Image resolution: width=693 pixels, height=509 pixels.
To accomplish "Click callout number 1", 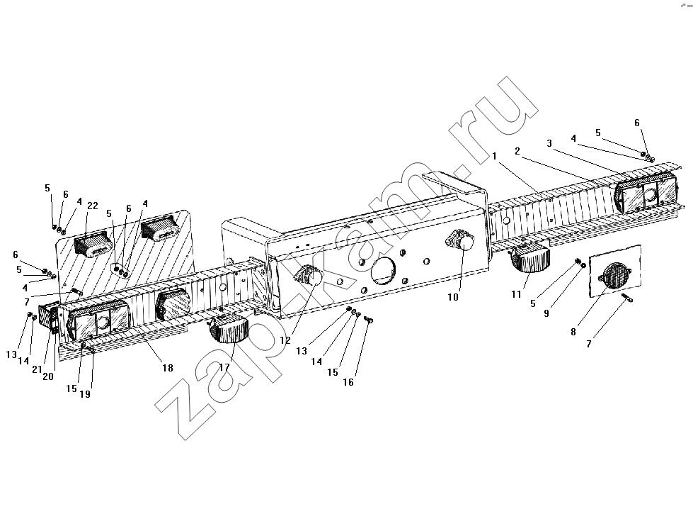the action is [495, 156].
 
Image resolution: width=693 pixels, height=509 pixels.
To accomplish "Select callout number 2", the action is [517, 152].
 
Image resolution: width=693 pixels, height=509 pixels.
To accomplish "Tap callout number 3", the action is [549, 143].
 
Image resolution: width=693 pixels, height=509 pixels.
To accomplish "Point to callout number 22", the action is [92, 206].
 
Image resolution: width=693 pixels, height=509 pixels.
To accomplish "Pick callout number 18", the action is [168, 368].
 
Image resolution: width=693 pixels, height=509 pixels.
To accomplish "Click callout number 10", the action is [453, 298].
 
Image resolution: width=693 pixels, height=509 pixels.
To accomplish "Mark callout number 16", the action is [348, 382].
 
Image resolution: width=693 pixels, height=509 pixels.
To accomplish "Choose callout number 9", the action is [546, 313].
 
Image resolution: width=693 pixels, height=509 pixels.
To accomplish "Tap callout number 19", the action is [85, 394].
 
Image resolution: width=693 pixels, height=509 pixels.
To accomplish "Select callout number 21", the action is [37, 369].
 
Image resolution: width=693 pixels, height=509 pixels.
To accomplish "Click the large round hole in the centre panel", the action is [383, 269].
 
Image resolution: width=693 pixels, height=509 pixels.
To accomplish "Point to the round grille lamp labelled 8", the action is [614, 276].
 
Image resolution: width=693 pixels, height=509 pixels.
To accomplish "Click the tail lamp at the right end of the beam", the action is [646, 194].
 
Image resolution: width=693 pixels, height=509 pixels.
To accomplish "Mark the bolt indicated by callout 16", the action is [370, 319].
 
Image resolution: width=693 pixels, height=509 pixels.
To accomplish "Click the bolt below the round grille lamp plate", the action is [626, 298].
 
